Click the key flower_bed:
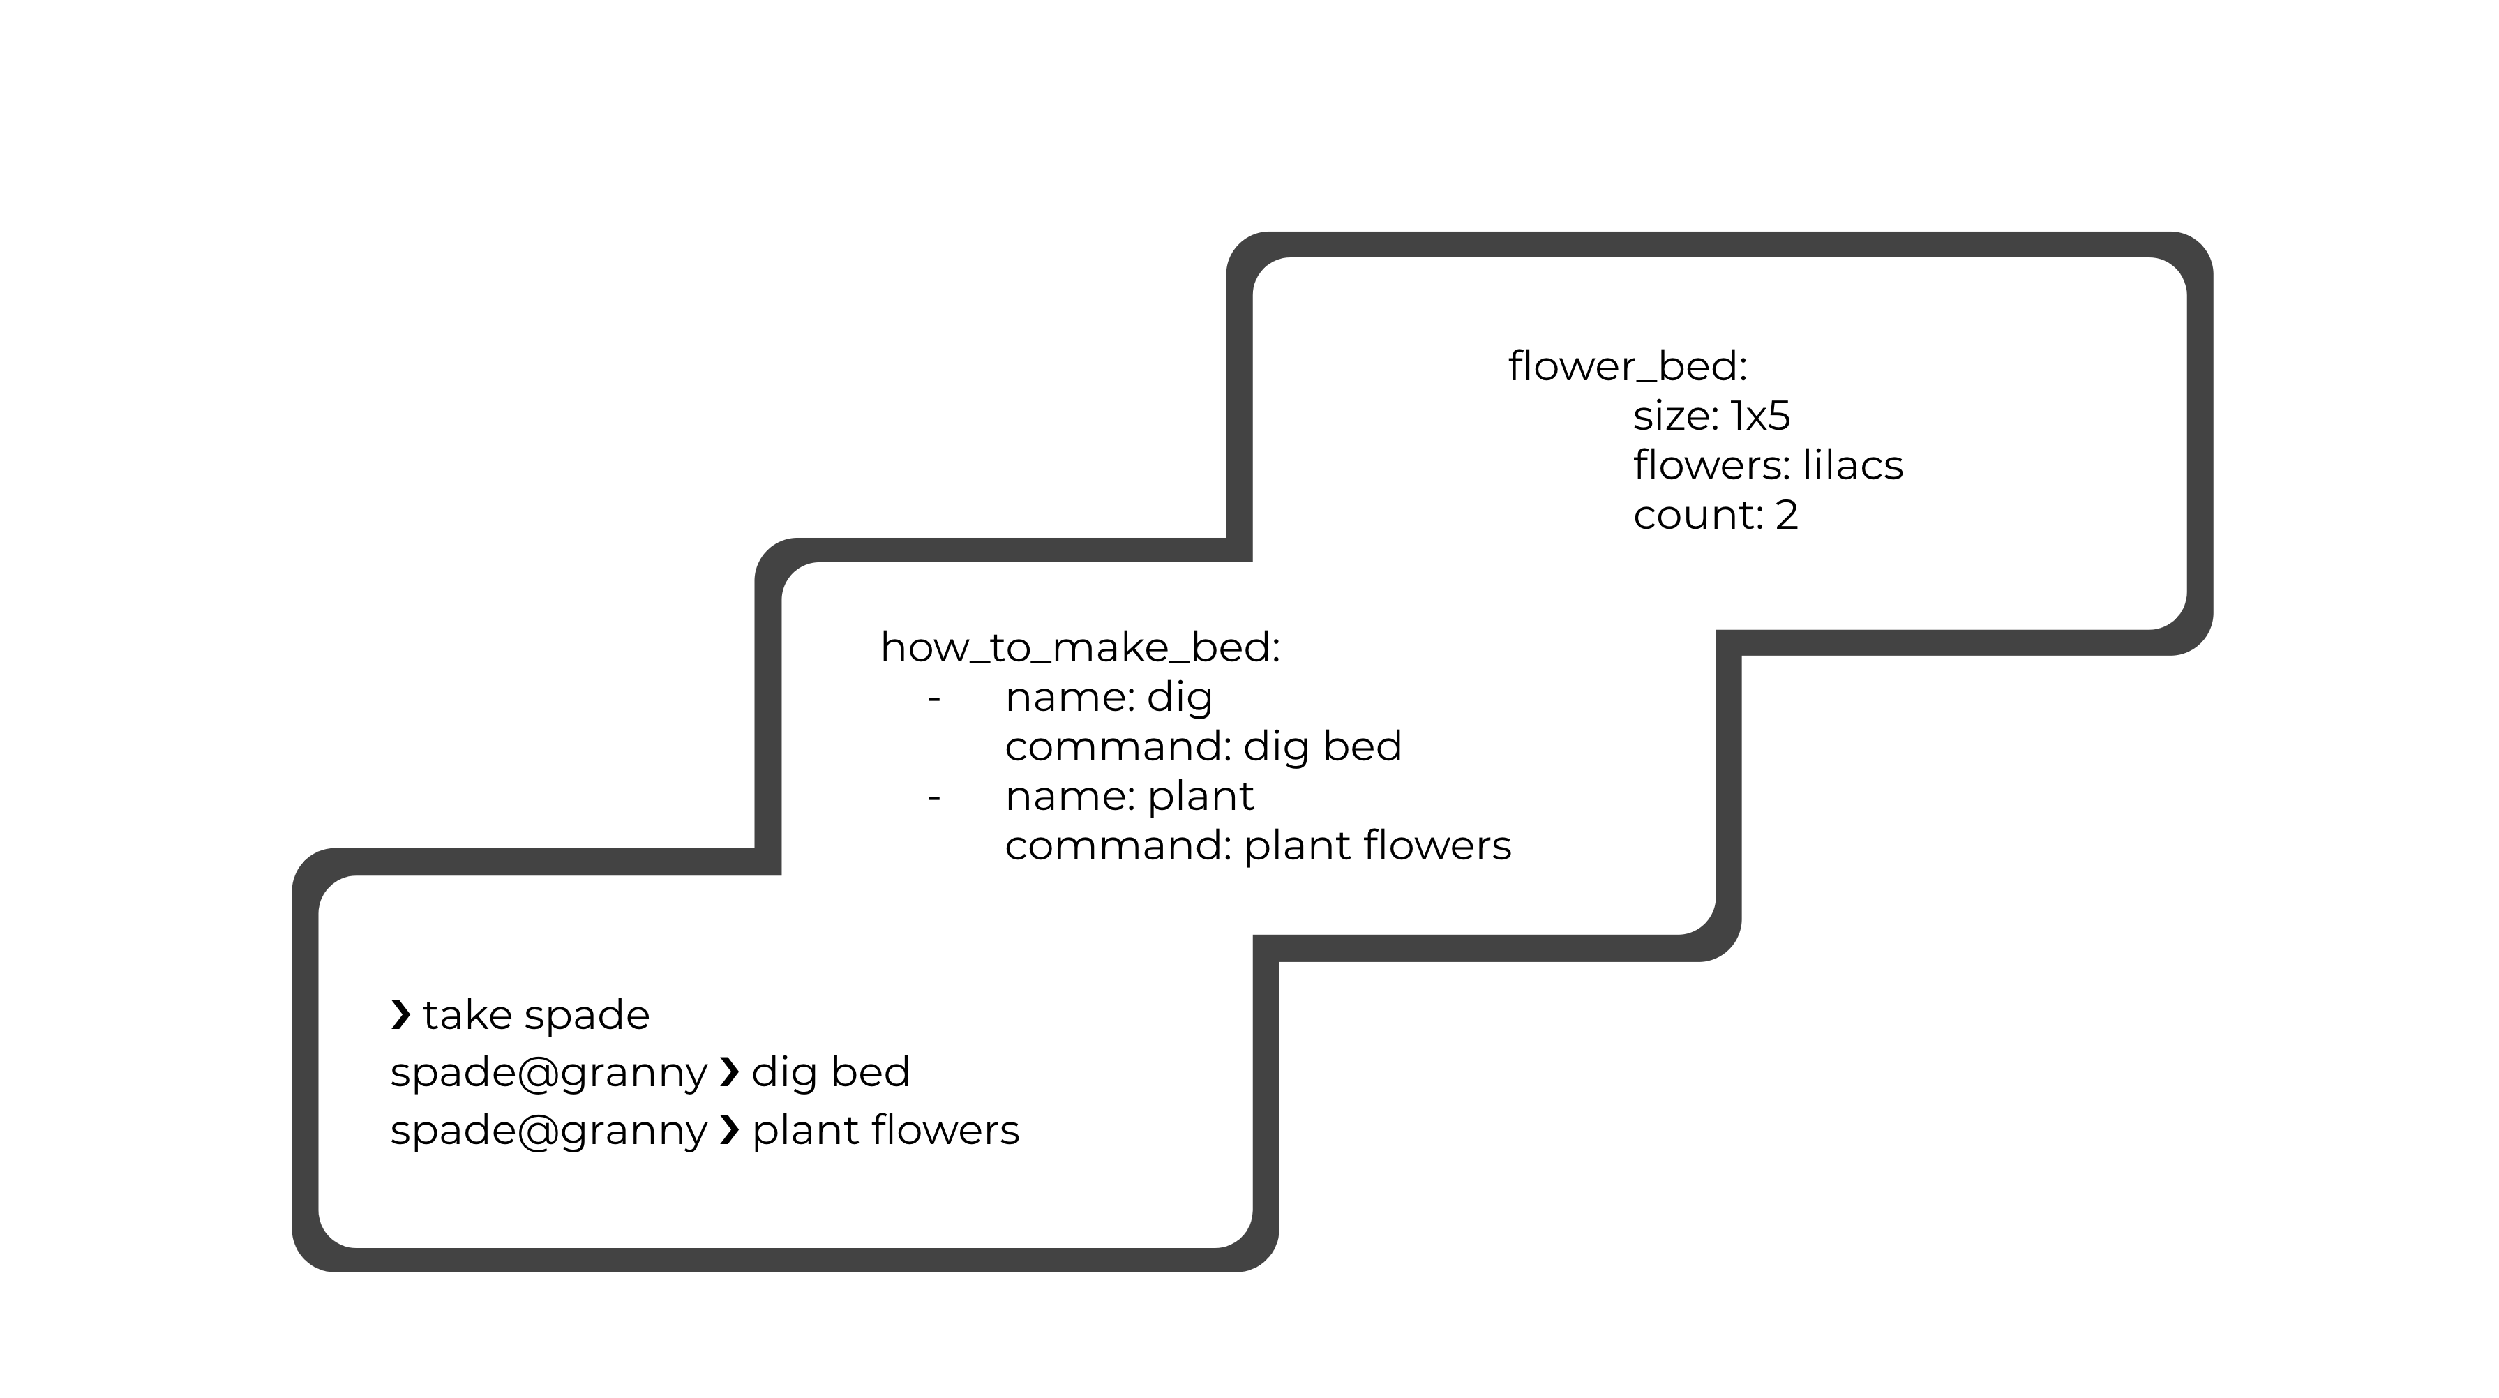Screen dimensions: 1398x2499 [x=1627, y=367]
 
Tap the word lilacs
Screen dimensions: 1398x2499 [x=1852, y=466]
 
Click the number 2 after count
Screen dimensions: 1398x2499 [x=1786, y=515]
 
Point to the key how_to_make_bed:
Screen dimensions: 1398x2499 [x=1080, y=648]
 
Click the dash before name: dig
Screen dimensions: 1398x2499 [x=934, y=698]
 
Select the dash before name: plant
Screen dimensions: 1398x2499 [x=934, y=797]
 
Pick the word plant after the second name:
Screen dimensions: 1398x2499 [x=1200, y=797]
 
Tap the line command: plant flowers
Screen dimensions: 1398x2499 [x=1257, y=846]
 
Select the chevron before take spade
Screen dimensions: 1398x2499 [x=400, y=1015]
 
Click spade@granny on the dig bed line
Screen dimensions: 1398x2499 [x=549, y=1073]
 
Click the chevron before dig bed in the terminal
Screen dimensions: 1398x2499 [x=730, y=1072]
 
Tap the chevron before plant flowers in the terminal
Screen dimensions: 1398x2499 [x=730, y=1130]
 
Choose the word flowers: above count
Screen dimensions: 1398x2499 [x=1712, y=466]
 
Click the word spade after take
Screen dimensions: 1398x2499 [x=587, y=1016]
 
